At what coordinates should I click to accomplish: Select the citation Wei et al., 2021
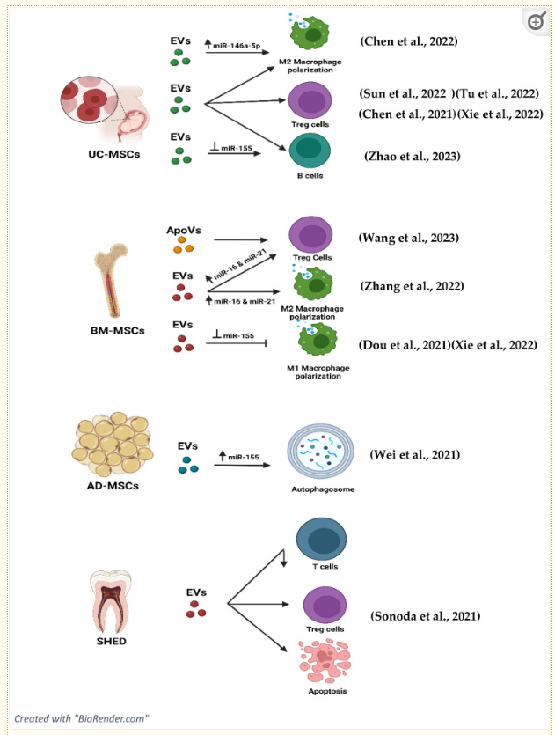tap(413, 453)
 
